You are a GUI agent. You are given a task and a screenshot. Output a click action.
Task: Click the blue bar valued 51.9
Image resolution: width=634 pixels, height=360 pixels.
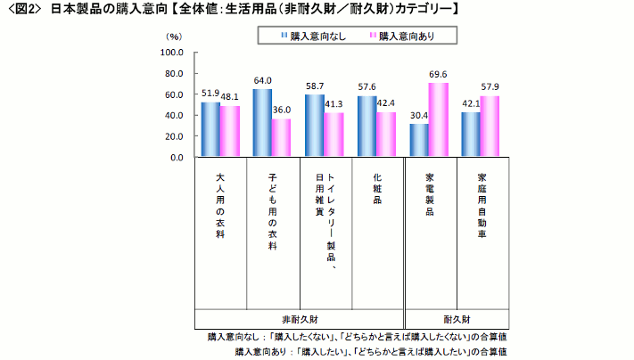[x=210, y=130]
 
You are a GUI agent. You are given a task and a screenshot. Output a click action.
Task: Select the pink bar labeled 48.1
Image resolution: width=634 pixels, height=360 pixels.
[x=230, y=132]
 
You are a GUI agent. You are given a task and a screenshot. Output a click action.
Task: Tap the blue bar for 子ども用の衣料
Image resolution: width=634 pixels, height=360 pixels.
[x=262, y=123]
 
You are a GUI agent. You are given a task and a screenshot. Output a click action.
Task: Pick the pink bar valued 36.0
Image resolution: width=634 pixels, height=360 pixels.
[x=282, y=138]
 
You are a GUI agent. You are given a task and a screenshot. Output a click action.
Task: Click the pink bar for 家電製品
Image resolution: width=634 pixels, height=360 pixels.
[x=438, y=120]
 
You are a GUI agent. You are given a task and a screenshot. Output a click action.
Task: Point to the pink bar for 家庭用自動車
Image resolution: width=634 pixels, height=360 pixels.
[x=490, y=127]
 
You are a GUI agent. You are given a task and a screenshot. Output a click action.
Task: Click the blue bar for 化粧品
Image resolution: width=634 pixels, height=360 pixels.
[x=366, y=127]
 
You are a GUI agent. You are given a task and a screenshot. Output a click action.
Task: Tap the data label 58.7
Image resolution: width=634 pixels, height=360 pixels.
[x=313, y=87]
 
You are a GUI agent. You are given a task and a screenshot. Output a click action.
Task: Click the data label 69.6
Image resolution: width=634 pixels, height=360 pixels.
[x=438, y=75]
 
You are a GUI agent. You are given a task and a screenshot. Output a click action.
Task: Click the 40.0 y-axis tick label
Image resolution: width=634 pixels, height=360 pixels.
[x=173, y=116]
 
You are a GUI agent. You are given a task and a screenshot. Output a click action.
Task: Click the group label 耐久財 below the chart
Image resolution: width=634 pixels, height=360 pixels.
[x=457, y=318]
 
